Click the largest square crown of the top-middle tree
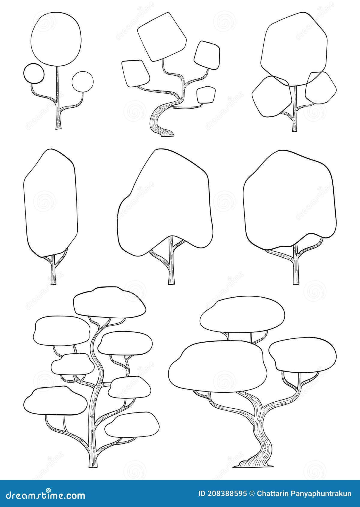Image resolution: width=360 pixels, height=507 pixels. tap(162, 37)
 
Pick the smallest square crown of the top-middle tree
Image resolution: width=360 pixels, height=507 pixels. tap(206, 95)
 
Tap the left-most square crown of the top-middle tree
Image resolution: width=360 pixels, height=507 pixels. tap(136, 73)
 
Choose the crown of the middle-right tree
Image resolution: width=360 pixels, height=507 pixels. tap(289, 201)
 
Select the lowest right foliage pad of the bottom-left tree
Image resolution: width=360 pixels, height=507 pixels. tap(132, 423)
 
